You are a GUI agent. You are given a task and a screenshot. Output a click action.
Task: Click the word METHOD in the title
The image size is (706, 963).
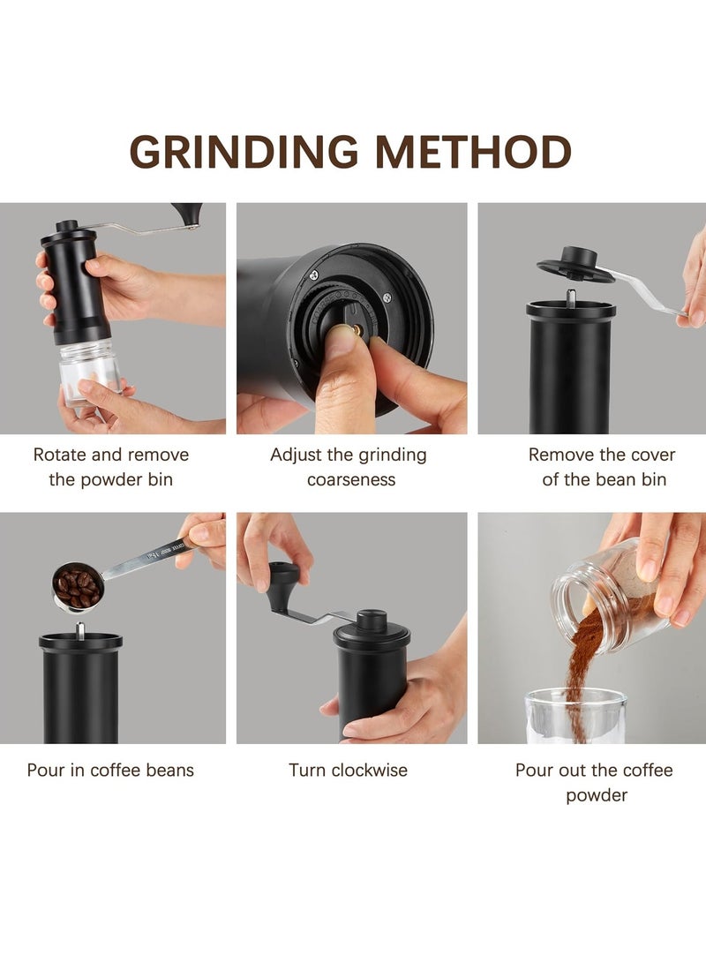473,152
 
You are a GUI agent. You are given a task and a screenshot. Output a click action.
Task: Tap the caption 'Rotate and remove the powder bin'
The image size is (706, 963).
111,467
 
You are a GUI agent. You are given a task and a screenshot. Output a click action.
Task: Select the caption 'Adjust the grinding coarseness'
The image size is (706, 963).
349,467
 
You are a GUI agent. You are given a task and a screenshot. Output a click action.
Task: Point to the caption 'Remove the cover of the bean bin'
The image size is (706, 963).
602,467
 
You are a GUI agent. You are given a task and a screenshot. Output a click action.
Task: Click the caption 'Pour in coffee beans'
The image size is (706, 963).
110,770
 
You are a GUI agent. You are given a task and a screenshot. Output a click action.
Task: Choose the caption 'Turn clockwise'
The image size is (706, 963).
349,770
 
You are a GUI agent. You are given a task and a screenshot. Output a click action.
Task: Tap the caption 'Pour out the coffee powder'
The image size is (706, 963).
595,782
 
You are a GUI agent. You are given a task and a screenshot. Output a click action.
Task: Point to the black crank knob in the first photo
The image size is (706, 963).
187,213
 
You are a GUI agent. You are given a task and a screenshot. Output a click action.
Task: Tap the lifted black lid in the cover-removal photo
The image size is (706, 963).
575,267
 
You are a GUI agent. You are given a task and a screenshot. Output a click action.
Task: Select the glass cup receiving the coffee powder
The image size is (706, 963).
575,716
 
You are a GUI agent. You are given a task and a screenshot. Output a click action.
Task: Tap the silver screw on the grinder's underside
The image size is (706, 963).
314,275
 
